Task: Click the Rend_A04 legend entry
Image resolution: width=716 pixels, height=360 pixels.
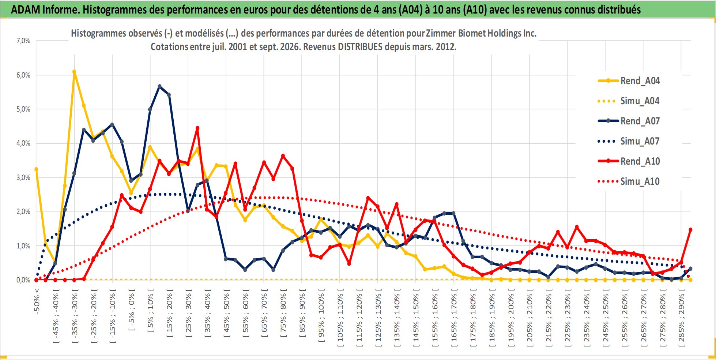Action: (629, 80)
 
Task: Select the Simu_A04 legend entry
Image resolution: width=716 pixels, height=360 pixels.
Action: (629, 101)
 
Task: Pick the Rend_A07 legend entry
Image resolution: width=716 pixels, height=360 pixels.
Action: (629, 121)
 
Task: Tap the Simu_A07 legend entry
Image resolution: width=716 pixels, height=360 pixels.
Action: (629, 141)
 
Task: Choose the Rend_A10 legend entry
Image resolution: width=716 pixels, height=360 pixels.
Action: (629, 161)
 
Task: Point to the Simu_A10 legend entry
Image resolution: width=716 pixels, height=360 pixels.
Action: (629, 181)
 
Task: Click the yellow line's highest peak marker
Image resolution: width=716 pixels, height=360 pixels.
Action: (74, 72)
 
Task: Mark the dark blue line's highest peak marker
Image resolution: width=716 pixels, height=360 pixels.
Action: (159, 86)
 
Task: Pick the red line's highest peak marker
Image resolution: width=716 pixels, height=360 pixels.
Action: (197, 128)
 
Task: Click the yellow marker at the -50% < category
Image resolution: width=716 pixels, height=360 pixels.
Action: (36, 169)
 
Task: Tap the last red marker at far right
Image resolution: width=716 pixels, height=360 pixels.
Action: (690, 230)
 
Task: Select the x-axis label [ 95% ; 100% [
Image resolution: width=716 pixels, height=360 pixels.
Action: (321, 315)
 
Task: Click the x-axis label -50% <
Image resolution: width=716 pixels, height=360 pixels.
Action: (37, 301)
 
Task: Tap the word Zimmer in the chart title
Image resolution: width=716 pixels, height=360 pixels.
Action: (441, 33)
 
